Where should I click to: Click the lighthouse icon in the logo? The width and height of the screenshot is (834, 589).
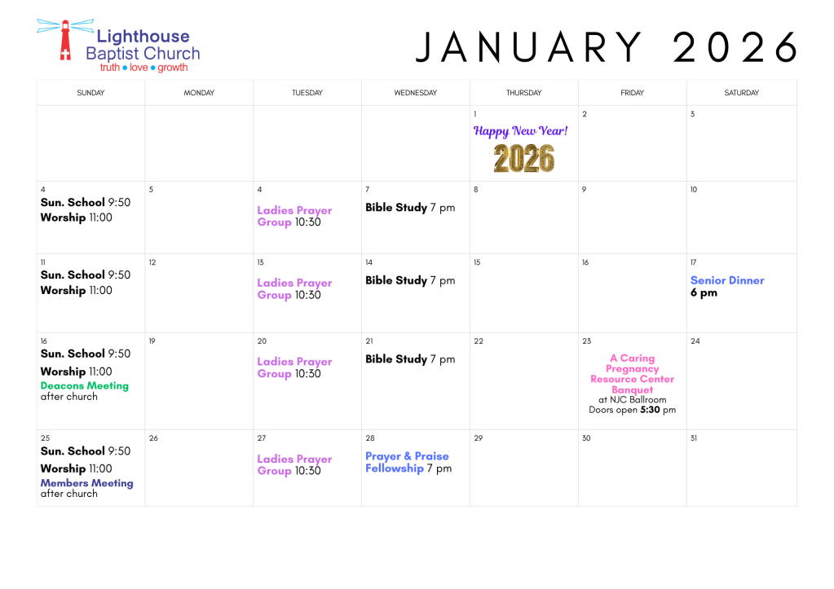[x=62, y=40]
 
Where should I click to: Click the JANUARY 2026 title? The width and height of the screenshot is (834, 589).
[x=606, y=48]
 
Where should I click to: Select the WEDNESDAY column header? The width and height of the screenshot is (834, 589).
[x=415, y=93]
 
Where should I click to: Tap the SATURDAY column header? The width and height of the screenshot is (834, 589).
[x=741, y=93]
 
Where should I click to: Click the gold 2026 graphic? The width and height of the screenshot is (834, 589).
[x=523, y=158]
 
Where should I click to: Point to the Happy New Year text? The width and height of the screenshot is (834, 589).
[x=521, y=130]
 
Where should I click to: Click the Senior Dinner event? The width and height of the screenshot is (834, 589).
[x=727, y=281]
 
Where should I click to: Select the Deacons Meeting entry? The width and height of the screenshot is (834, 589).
[x=85, y=386]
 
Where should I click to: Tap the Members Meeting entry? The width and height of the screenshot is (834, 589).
[x=86, y=483]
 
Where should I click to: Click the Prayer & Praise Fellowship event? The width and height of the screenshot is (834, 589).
[x=408, y=462]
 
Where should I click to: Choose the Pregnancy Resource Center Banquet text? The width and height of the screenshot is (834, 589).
[x=632, y=374]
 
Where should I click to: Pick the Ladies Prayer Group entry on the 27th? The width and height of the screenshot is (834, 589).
[x=294, y=465]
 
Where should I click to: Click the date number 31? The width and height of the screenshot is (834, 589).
[x=693, y=438]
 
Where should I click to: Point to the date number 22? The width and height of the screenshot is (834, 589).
[x=479, y=341]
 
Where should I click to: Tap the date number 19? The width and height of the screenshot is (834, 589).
[x=152, y=341]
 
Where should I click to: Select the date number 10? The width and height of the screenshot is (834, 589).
[x=693, y=190]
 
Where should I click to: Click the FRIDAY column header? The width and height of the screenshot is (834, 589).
[x=632, y=93]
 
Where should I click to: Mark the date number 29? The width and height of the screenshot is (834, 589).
[x=479, y=438]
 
